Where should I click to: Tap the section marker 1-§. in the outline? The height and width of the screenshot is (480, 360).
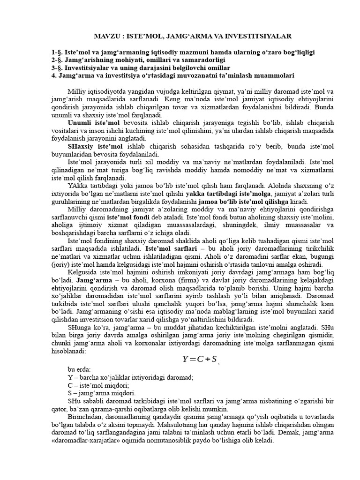tap(58, 52)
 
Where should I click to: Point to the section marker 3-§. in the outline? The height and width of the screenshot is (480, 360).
tap(58, 67)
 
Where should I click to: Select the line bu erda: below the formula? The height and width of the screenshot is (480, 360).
tap(79, 369)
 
